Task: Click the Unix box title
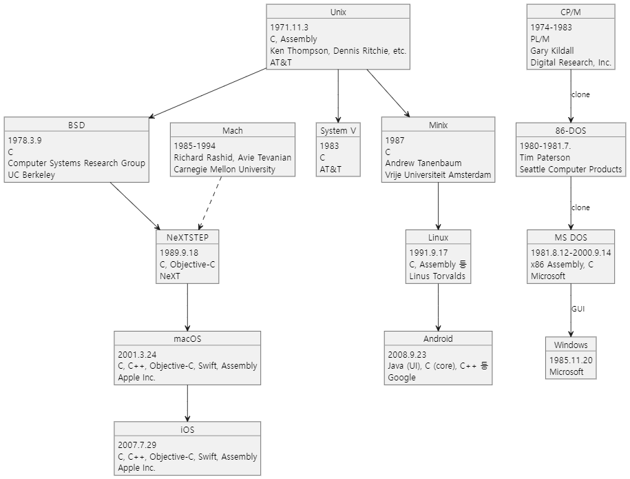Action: (338, 12)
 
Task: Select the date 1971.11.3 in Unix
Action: (289, 28)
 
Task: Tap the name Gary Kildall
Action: (552, 51)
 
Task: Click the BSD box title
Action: (76, 125)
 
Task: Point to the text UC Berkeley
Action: (32, 175)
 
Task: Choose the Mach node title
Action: (233, 131)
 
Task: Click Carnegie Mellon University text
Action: (224, 170)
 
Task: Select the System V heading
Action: (338, 131)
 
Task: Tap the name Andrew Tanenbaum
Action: (423, 163)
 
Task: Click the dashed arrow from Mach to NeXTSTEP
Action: (210, 203)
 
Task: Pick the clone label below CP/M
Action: (580, 94)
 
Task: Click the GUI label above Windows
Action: (578, 309)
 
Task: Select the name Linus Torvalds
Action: (437, 276)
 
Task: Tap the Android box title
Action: (438, 339)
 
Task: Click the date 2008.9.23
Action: (407, 355)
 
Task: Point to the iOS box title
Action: (187, 430)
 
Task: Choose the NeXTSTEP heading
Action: (188, 238)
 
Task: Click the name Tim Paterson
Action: (545, 158)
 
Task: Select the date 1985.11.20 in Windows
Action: (571, 360)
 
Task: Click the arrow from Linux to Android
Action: (438, 307)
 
